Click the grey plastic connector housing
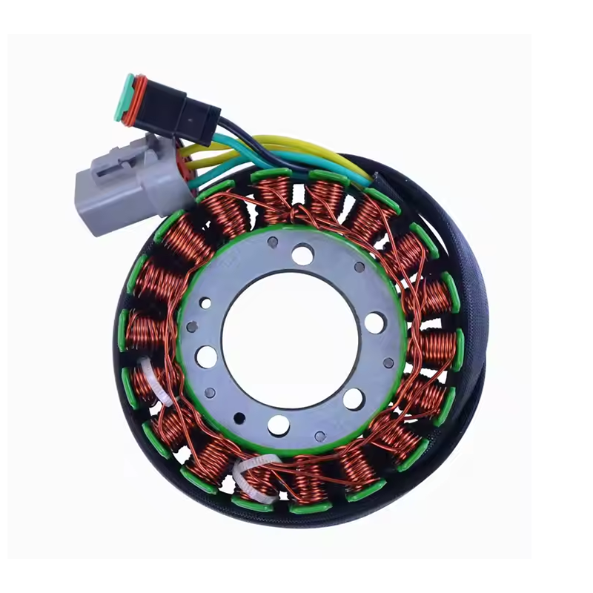pyautogui.click(x=111, y=189)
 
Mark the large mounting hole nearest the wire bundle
pyautogui.click(x=302, y=255)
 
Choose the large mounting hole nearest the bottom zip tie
pyautogui.click(x=278, y=425)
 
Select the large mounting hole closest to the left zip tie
pyautogui.click(x=207, y=357)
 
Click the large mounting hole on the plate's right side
pyautogui.click(x=374, y=322)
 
